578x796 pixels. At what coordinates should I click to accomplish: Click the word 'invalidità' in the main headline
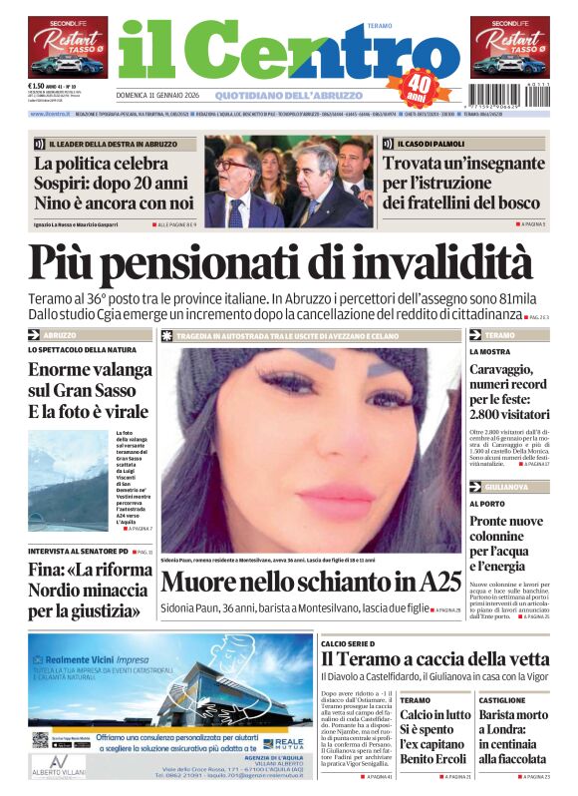pyautogui.click(x=442, y=263)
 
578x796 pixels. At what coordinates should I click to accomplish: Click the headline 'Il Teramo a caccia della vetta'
pyautogui.click(x=434, y=659)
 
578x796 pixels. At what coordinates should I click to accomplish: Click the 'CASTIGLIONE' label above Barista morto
pyautogui.click(x=501, y=700)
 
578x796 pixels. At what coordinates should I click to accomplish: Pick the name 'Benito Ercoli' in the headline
pyautogui.click(x=431, y=760)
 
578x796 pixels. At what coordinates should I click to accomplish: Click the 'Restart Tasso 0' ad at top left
pyautogui.click(x=68, y=47)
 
